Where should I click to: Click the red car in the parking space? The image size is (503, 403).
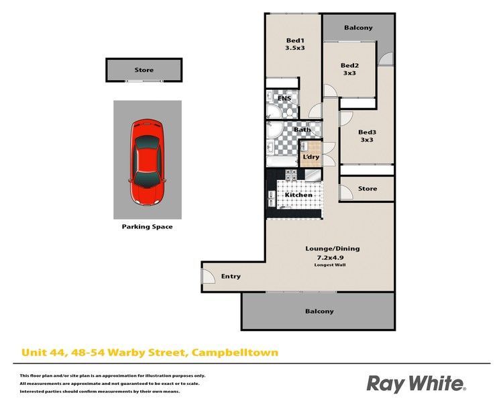click(x=148, y=163)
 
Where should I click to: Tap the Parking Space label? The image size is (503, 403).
click(x=148, y=226)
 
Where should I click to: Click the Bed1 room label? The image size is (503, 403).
click(x=295, y=40)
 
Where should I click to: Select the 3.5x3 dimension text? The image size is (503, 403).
click(x=295, y=48)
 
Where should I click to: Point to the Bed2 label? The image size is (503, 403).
click(x=349, y=65)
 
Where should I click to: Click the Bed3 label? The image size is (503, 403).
click(x=367, y=132)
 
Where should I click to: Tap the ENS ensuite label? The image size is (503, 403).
click(x=284, y=98)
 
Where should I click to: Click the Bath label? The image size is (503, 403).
click(x=302, y=130)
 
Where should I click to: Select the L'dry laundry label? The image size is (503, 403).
click(x=311, y=156)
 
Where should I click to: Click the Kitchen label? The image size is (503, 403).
click(x=298, y=195)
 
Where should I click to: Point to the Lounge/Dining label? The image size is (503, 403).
click(x=333, y=249)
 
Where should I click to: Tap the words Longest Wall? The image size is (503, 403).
click(x=330, y=265)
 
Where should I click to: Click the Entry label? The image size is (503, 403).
click(x=231, y=276)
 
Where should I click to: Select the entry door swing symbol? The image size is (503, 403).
click(x=208, y=276)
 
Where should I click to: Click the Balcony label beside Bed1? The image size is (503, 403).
click(x=358, y=28)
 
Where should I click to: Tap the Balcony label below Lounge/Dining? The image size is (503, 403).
click(x=319, y=311)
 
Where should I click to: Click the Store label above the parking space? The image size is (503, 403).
click(x=144, y=70)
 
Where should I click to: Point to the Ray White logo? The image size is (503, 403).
click(x=416, y=384)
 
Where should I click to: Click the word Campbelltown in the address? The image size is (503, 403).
click(x=235, y=353)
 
